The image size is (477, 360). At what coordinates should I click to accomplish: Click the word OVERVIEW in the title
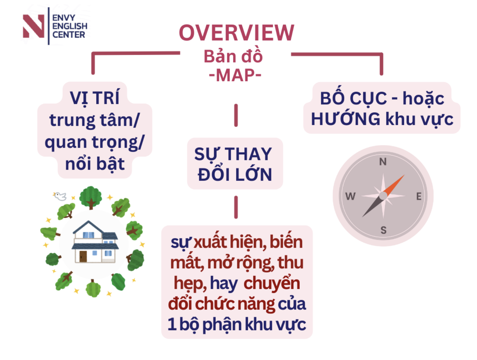coord(236,33)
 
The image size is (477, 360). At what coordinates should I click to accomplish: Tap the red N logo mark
coord(33,26)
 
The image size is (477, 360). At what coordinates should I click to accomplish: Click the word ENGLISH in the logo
coord(70,26)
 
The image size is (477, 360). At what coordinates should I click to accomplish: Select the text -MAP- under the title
coord(235,75)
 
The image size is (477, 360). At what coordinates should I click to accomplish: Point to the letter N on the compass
coord(383,162)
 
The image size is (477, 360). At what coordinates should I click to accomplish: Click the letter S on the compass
coord(383,230)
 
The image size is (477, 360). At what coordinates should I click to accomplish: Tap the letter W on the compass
coord(350,196)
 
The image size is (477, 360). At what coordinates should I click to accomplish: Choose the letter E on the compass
coord(419,196)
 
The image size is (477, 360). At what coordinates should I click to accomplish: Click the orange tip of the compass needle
coord(404,175)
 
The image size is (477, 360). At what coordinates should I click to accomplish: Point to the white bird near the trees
coord(60,196)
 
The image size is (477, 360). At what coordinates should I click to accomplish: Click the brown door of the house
coord(83,256)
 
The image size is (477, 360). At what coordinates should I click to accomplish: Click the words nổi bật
coord(95,164)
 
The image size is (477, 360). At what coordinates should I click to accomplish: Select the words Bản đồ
coord(233,56)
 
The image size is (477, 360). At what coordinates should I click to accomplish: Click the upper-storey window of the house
coord(88,235)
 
